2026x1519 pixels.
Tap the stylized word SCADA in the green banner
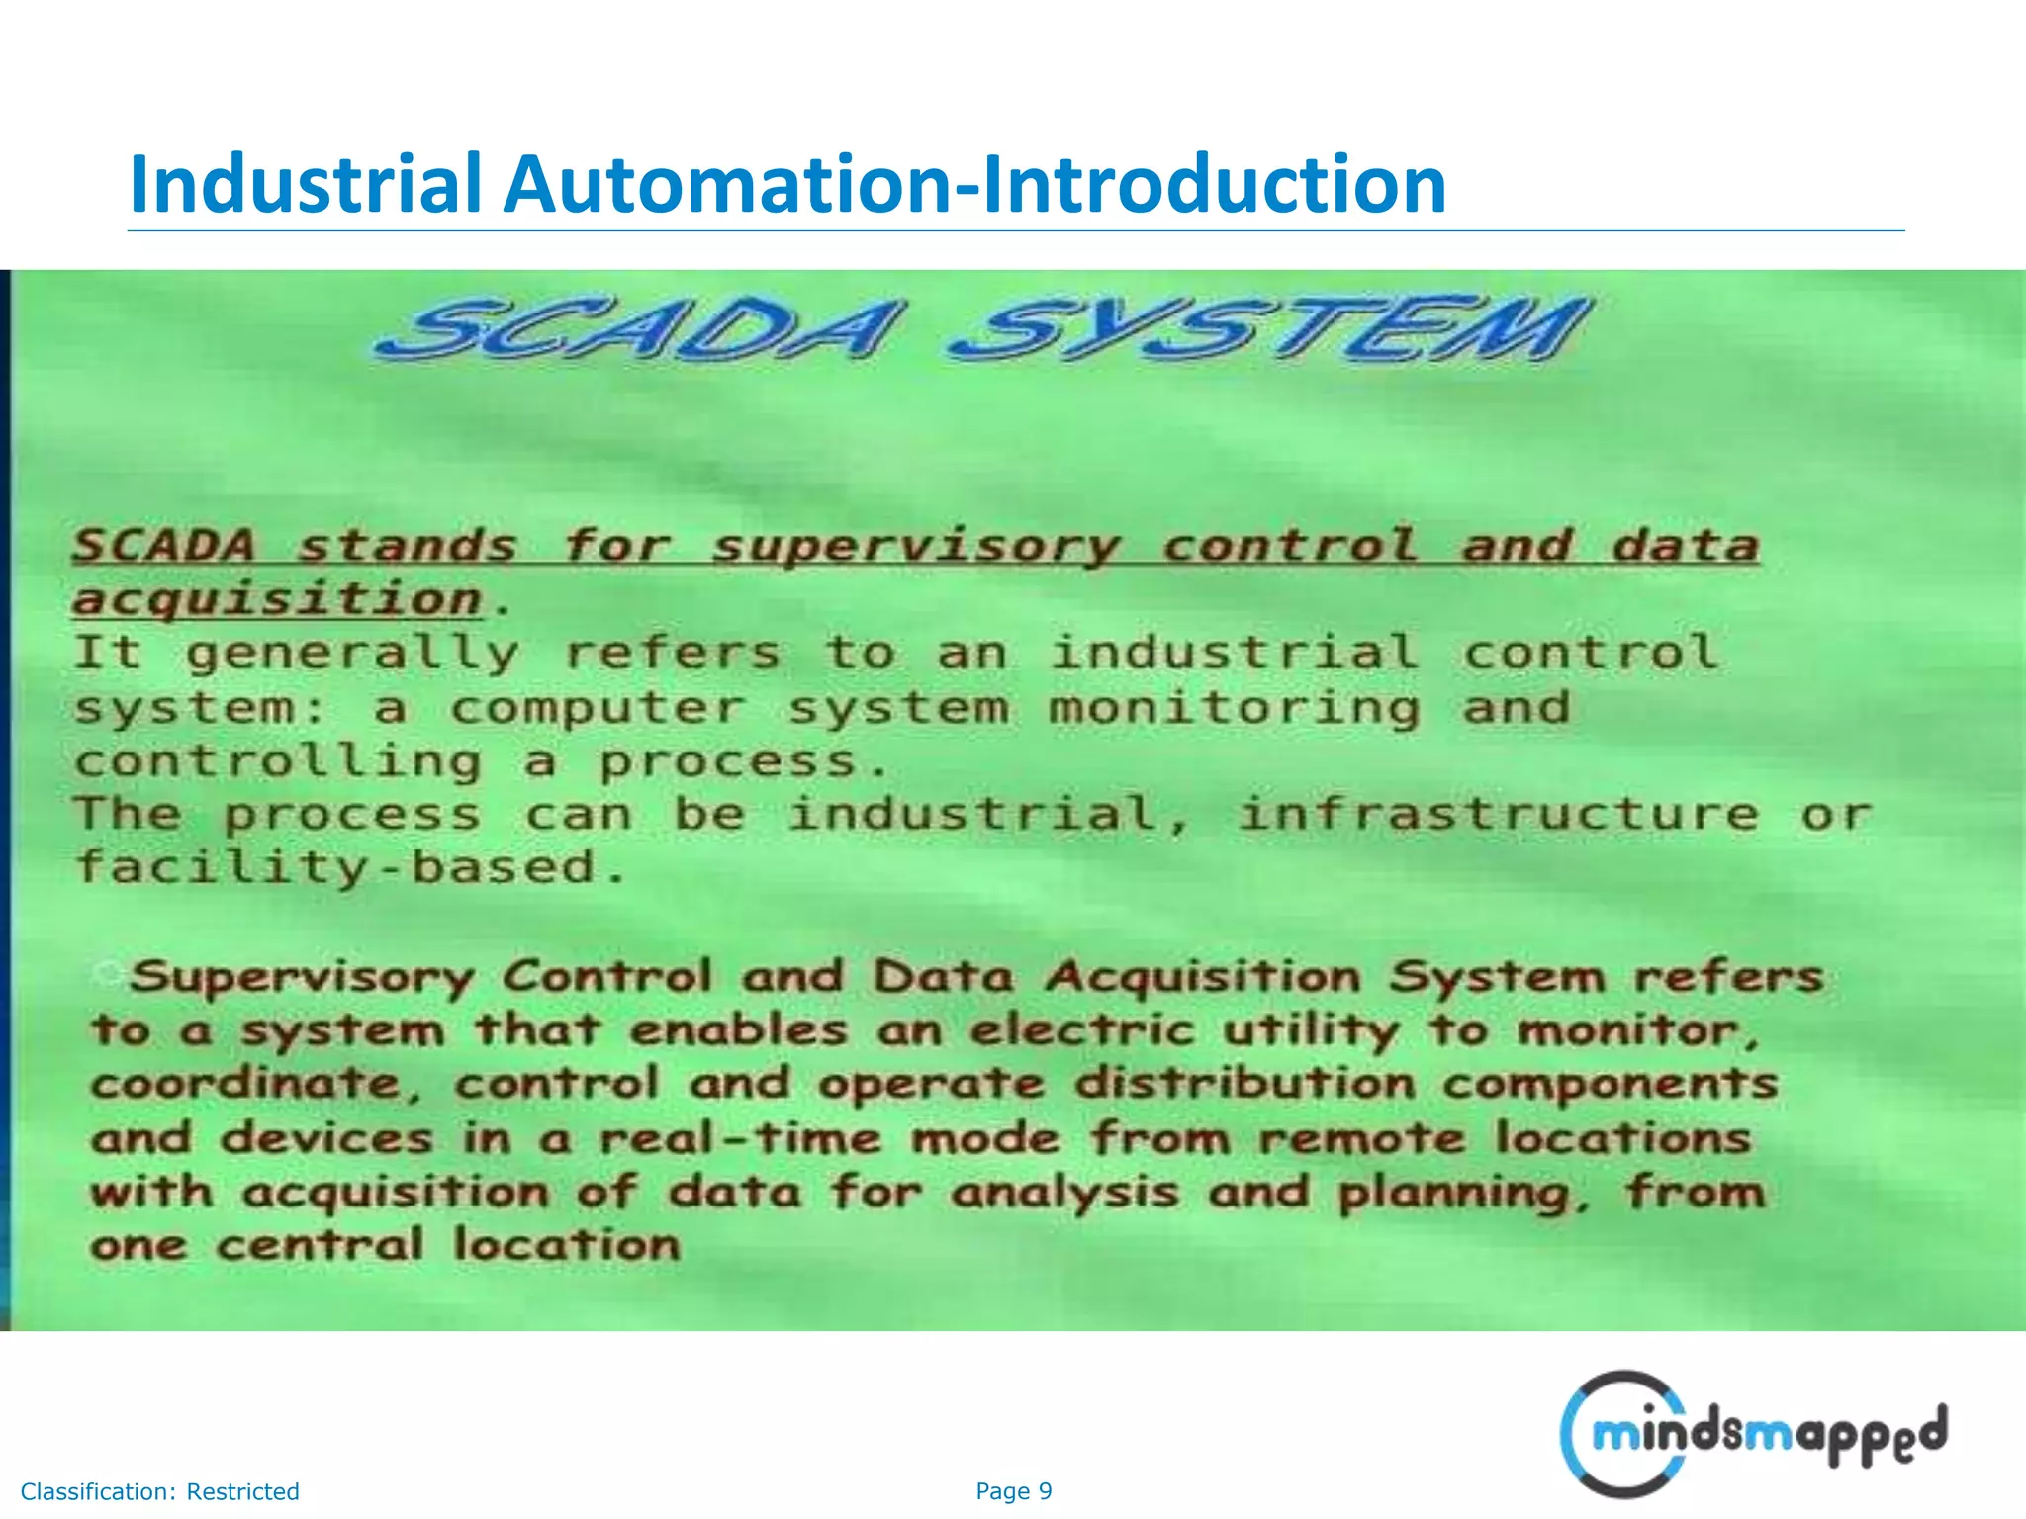click(638, 329)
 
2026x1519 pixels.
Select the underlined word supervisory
click(916, 547)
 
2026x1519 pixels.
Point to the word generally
click(352, 654)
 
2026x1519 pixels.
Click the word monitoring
click(1234, 709)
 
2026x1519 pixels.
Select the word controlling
click(278, 762)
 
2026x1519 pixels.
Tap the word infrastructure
click(1498, 815)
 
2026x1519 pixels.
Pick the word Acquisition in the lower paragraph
click(1203, 977)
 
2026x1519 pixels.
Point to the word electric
click(1082, 1030)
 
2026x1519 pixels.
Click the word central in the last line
click(320, 1245)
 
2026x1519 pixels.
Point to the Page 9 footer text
click(1013, 1491)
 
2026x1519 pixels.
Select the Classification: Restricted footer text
click(159, 1491)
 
